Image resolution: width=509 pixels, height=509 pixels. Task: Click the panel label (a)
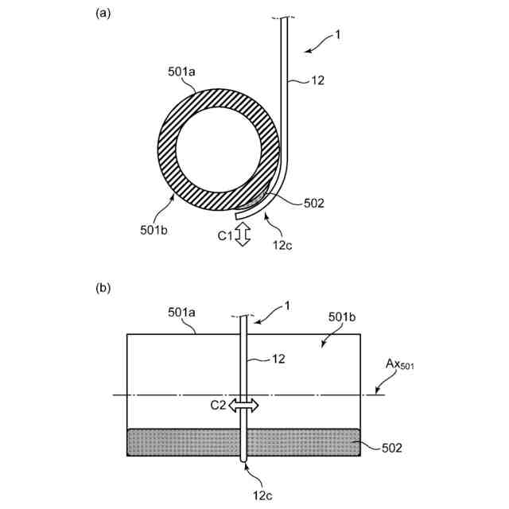coord(103,14)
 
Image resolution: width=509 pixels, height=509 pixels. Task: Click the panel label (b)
coord(103,291)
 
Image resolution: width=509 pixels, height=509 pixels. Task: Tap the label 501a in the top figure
coord(182,72)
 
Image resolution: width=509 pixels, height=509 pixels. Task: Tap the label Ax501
coord(401,365)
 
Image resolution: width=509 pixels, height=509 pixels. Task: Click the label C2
coord(218,406)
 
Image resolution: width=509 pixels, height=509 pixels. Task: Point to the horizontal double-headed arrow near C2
coord(244,406)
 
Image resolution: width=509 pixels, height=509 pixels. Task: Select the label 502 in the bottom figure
coord(391,449)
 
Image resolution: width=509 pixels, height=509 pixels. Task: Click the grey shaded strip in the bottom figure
coord(183,442)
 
